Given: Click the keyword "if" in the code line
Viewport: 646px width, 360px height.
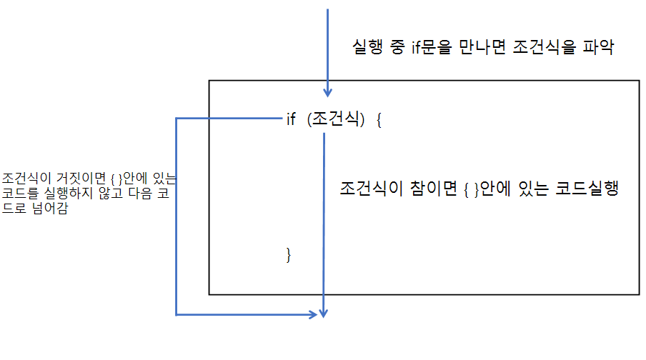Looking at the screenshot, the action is [x=291, y=120].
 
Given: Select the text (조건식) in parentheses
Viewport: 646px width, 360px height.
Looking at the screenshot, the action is [x=336, y=120].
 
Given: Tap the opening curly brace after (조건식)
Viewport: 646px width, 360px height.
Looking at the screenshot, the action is [x=379, y=120].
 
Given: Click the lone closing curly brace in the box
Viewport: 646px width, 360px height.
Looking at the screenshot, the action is [x=289, y=254].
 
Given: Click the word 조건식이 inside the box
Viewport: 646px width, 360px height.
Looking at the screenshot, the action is [x=369, y=190].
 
